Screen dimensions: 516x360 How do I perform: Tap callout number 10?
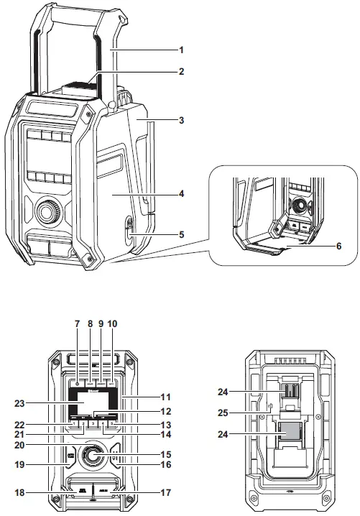112,324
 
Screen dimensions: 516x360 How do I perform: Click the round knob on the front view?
91,454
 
